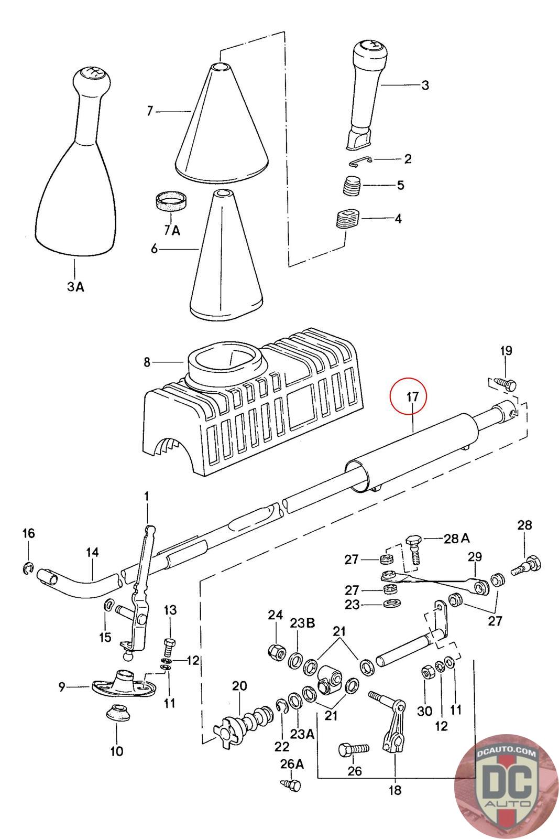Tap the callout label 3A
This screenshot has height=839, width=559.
[75, 287]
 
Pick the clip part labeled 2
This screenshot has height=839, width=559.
[361, 161]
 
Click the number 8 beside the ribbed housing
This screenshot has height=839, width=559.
[147, 362]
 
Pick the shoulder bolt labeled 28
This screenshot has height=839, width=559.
[525, 565]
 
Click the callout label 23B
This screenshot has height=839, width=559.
[302, 623]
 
